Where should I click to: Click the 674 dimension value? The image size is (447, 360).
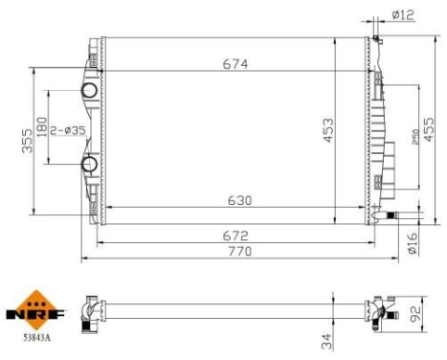235,64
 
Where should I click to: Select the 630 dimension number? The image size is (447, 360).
239,200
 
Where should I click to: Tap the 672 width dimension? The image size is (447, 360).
235,236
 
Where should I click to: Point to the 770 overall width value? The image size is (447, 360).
239,251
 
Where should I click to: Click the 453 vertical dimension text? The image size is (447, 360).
328,130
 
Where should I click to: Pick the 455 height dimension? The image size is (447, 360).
429,129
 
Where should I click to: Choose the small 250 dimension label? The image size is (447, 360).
415,137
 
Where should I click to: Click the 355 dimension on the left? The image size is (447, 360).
28,141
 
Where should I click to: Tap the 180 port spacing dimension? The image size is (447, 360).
42,127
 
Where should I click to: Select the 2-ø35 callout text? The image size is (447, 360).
68,130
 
